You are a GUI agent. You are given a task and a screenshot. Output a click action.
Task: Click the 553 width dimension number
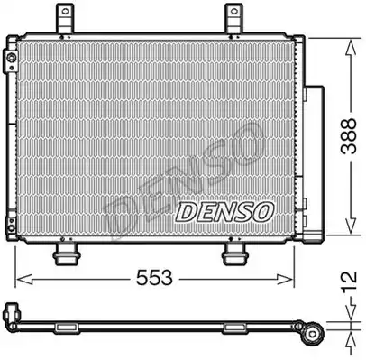[154, 278]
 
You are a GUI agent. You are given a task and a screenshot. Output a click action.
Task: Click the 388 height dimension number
[349, 136]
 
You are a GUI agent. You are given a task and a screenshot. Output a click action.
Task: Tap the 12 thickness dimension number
[350, 281]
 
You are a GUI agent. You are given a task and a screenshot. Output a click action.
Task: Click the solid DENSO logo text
[224, 212]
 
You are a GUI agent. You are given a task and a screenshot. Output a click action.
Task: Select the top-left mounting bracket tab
[65, 18]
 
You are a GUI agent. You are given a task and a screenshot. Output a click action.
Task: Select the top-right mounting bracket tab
[234, 18]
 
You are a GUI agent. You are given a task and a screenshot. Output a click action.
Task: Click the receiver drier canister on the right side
[314, 161]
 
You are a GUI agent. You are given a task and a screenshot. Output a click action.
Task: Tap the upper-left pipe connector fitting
[10, 60]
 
